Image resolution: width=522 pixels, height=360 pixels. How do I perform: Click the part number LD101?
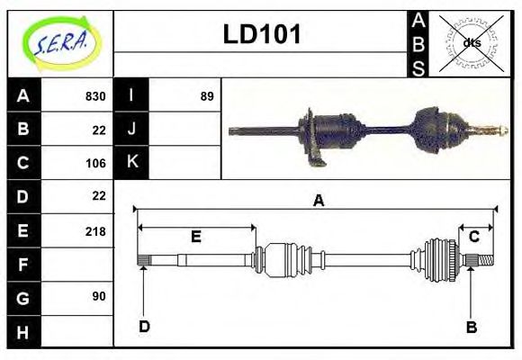[261, 35]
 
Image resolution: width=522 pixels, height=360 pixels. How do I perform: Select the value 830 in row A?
[94, 96]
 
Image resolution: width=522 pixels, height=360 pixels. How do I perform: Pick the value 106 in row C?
[94, 164]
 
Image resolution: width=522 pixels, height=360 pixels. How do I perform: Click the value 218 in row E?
[94, 231]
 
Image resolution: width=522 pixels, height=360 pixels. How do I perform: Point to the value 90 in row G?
[98, 296]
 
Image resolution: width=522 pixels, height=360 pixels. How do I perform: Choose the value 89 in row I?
[206, 96]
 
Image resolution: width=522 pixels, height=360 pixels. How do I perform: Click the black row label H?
[22, 332]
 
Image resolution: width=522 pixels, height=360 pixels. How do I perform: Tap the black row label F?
[22, 265]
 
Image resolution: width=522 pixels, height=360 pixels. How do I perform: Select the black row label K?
[132, 162]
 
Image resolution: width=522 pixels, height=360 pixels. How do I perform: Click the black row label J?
[132, 129]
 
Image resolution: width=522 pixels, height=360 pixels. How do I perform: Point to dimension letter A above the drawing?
[318, 202]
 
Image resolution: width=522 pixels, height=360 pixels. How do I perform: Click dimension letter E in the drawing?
[195, 237]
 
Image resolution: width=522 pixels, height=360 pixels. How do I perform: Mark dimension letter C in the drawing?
[473, 237]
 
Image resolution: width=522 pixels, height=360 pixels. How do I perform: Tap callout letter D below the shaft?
[143, 326]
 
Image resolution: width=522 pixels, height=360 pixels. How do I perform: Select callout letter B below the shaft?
[471, 327]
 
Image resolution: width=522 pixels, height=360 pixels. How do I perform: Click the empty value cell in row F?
[77, 265]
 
